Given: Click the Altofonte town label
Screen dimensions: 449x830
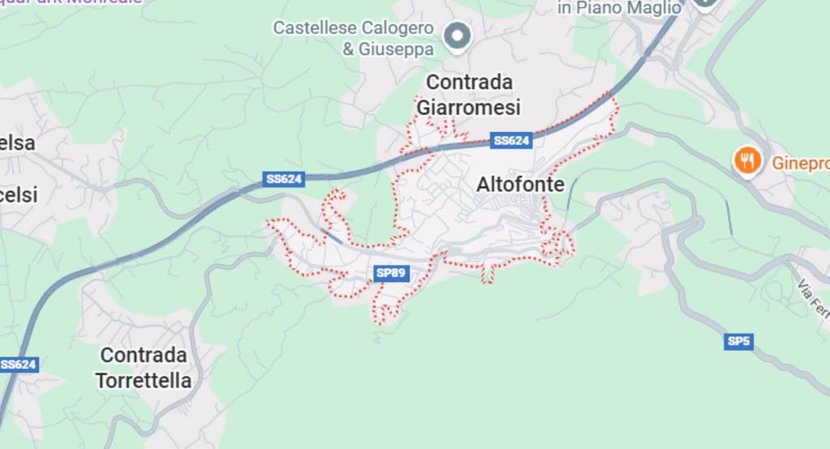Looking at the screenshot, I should pos(520,185).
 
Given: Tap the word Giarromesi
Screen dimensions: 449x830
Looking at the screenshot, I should pos(468,107).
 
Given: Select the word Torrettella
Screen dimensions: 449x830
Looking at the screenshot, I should pos(143,380).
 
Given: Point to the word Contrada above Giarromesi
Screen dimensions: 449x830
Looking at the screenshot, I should pos(469,82).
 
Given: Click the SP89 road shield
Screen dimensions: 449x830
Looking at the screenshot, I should pos(391,273).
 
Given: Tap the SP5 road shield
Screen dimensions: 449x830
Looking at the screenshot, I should pos(738,341).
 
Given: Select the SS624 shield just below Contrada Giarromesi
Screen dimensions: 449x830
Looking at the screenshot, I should pos(511,141).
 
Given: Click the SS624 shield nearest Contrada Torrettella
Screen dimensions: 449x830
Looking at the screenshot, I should pos(18,365).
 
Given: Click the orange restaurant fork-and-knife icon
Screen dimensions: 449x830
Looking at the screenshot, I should pos(747,161).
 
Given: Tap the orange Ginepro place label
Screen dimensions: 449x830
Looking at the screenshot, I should pos(800,162).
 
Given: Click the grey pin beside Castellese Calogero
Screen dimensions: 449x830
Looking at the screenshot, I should pos(458,35).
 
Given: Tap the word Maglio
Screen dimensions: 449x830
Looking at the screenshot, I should pos(652,7).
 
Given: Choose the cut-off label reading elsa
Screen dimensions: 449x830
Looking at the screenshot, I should pos(17,143).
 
